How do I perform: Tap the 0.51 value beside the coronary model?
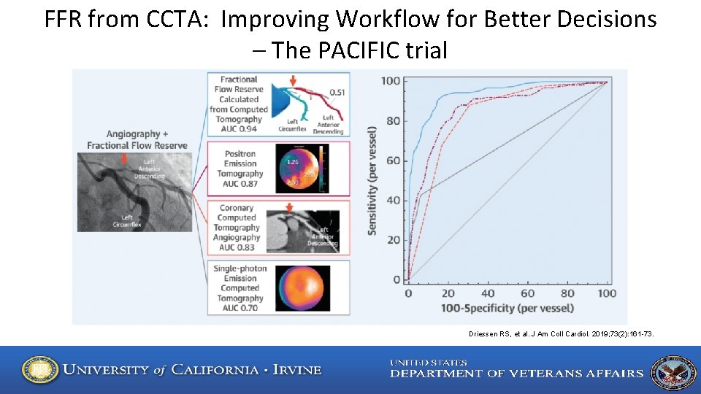337,93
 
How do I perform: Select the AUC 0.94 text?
239,129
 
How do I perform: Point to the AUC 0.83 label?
240,247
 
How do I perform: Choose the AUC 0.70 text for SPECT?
240,308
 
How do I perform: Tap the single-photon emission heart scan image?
302,288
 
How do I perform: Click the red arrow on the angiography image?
123,158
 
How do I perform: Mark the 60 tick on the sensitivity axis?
393,161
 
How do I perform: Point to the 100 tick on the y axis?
391,81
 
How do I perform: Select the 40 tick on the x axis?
488,293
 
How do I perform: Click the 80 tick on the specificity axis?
567,293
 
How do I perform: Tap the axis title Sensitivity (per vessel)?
372,180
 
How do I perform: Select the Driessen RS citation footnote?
561,334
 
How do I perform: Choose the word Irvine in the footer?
296,370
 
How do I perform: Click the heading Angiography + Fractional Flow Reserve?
137,139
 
